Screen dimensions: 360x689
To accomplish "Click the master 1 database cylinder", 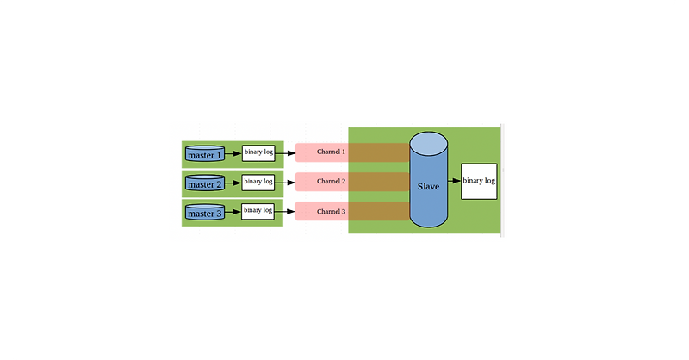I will pos(205,155).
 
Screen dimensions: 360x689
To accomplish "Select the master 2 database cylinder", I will pos(205,184).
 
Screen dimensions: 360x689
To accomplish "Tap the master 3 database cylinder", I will pos(205,213).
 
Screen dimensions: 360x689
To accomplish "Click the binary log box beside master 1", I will pos(258,153).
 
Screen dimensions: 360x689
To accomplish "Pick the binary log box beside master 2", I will pos(258,182).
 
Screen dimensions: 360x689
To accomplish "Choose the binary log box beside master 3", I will pos(258,210).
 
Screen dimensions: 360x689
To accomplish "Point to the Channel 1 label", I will pos(331,152).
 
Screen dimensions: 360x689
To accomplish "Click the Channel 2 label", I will pos(331,182).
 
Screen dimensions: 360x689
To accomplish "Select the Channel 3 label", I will pos(331,211).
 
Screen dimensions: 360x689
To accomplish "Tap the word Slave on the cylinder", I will pos(428,186).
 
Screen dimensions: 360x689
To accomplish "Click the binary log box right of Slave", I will pos(479,181).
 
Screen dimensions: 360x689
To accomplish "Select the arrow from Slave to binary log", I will pos(454,181).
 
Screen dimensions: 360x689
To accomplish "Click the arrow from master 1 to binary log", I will pos(233,154).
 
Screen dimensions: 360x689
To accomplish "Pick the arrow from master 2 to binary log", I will pos(233,183).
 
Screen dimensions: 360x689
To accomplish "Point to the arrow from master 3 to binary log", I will pos(233,211).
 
